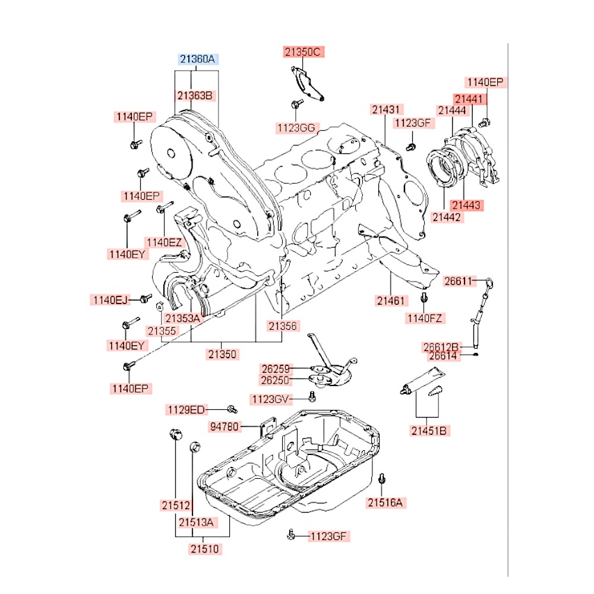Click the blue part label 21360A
(x=200, y=59)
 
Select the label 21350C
(x=302, y=52)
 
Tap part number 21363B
(x=195, y=95)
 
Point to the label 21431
(x=388, y=109)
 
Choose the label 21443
(x=467, y=205)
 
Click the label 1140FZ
(x=424, y=319)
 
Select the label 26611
(x=459, y=282)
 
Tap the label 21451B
(x=428, y=431)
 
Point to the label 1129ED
(x=185, y=409)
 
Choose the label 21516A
(x=385, y=503)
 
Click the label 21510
(x=206, y=549)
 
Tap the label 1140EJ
(x=110, y=300)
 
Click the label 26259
(x=276, y=369)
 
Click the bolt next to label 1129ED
(x=232, y=409)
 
